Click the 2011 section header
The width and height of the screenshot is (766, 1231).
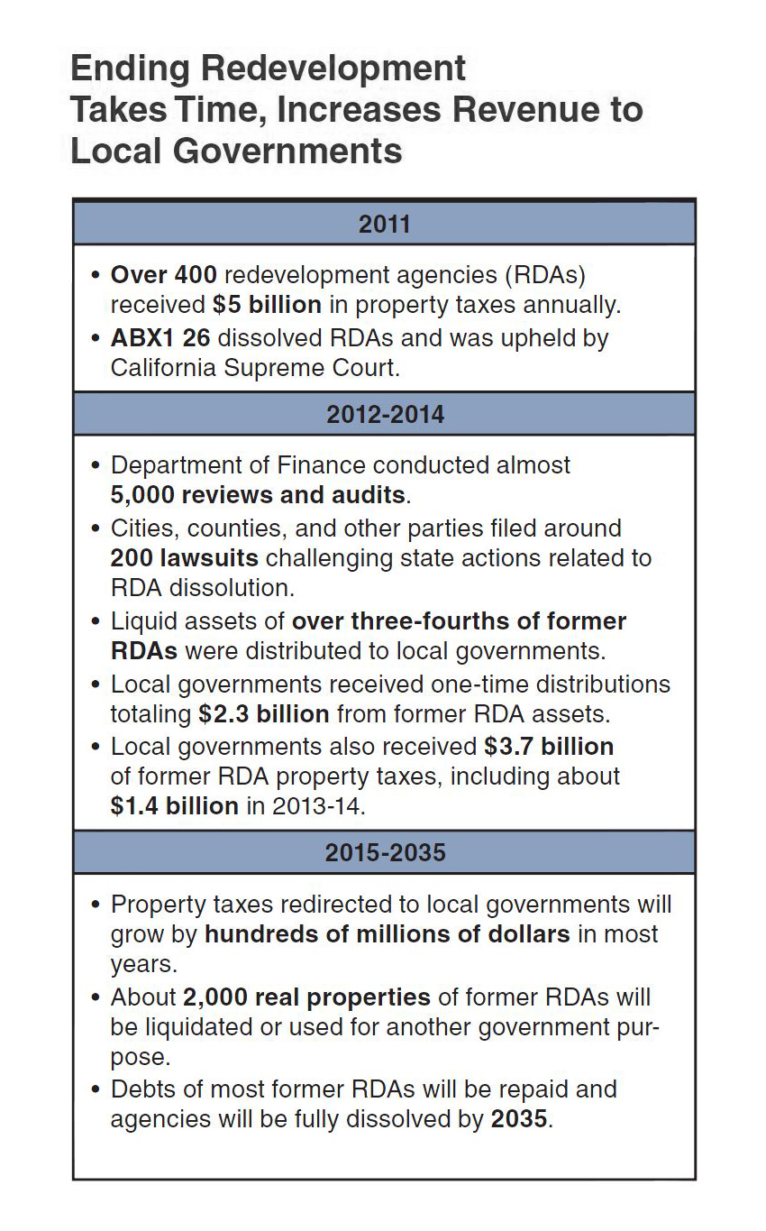(384, 223)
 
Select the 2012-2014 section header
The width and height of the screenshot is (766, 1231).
(384, 414)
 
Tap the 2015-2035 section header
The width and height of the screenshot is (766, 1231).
(384, 852)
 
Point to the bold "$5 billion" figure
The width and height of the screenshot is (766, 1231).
(267, 305)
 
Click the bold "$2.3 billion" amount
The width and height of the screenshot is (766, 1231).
(264, 714)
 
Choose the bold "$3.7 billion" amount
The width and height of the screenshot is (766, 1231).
(549, 746)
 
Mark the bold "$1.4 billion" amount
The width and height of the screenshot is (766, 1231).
(175, 805)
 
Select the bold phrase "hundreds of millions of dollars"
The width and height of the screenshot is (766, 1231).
(388, 933)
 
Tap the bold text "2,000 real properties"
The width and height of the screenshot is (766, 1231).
(306, 997)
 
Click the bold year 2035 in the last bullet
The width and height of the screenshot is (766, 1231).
(519, 1119)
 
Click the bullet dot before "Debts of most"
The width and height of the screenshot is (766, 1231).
(96, 1089)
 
